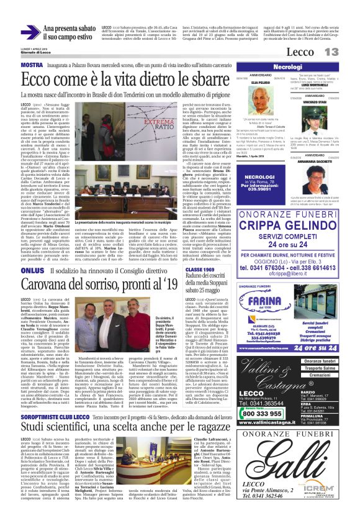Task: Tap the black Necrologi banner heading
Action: tap(287, 66)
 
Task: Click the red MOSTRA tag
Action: tap(31, 65)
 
